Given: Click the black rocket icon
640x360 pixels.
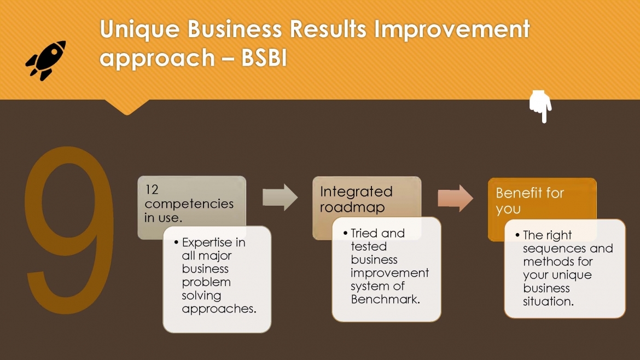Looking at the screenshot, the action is [46, 60].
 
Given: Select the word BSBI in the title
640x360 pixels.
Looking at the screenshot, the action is [264, 57].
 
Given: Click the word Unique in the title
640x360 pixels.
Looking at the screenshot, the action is [139, 30].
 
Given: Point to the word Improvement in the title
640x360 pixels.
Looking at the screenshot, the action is [452, 30].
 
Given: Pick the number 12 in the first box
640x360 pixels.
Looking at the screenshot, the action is [152, 189].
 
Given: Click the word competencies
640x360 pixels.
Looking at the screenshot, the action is [189, 204].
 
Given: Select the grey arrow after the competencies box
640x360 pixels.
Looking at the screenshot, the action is [280, 198].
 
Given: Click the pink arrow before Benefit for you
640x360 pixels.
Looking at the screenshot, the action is [456, 199].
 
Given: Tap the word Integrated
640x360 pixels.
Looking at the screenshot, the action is [356, 192].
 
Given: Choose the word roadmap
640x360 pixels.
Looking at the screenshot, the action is [352, 207].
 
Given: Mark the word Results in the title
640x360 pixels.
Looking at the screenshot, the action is [328, 30].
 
